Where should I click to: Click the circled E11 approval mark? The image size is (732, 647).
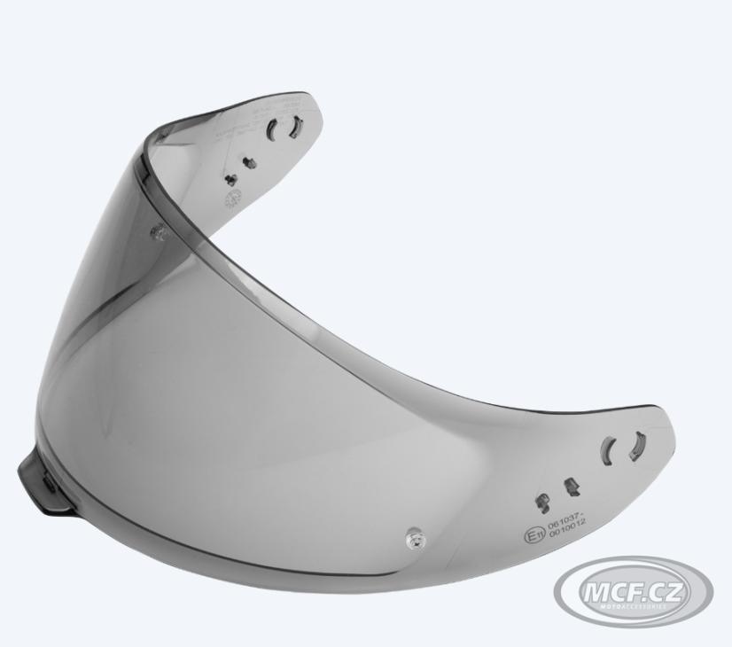tap(533, 536)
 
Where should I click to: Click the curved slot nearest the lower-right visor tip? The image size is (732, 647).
tap(636, 445)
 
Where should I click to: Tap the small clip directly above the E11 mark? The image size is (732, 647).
tap(539, 503)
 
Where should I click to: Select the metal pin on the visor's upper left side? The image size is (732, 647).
tap(158, 231)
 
